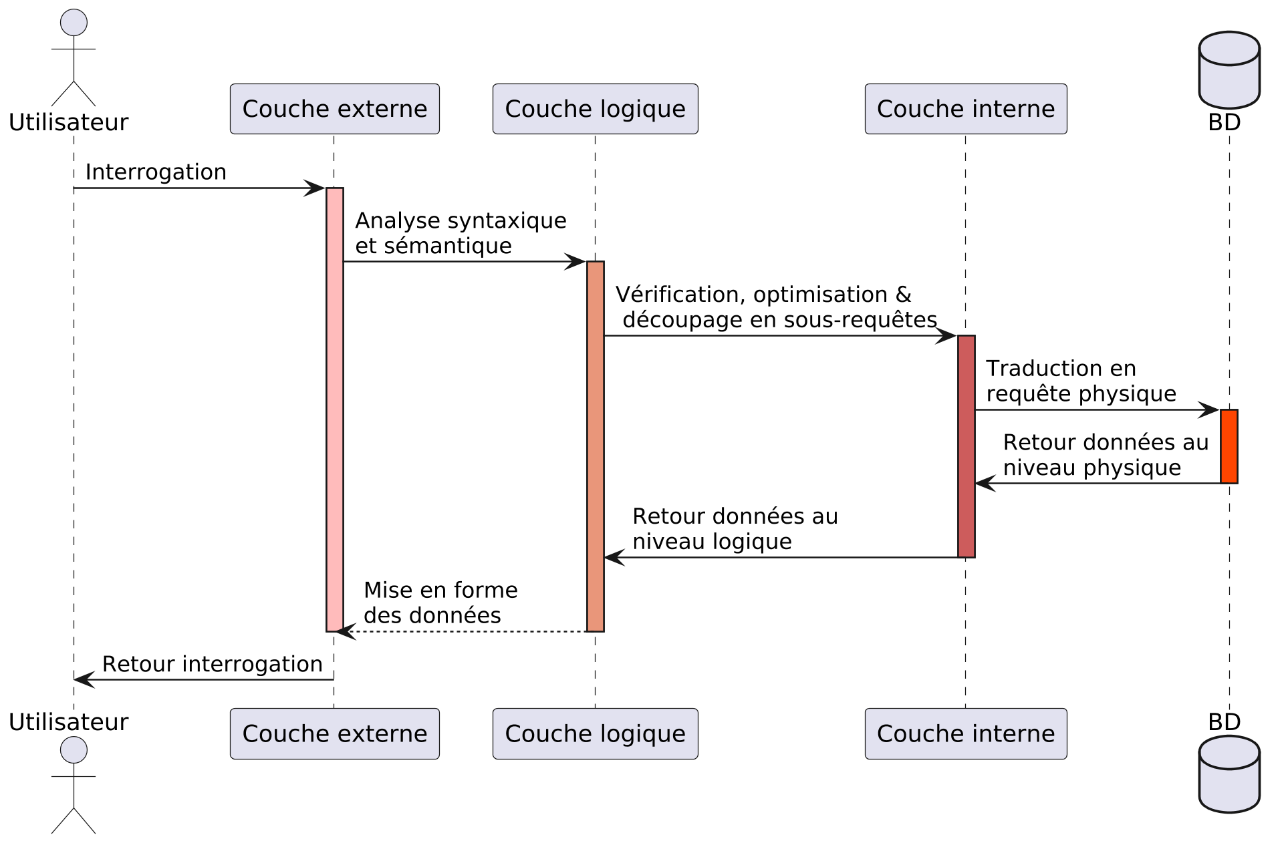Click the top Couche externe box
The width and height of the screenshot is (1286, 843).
(334, 109)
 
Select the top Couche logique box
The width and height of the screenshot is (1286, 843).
(595, 109)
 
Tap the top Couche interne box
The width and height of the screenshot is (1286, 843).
(965, 109)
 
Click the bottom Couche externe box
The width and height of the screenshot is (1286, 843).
(334, 733)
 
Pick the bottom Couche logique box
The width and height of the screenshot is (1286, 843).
(595, 733)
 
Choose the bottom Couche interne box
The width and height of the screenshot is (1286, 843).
(965, 733)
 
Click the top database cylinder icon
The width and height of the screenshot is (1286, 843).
(1229, 70)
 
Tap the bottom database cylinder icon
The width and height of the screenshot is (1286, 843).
(1229, 774)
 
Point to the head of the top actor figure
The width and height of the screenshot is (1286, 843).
(74, 23)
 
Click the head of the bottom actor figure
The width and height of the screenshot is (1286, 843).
(74, 749)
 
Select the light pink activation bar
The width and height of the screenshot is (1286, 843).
(334, 409)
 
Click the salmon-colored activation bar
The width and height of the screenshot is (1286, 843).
(595, 446)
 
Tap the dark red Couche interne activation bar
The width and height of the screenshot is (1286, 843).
(966, 446)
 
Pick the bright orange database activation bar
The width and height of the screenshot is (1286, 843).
(1229, 446)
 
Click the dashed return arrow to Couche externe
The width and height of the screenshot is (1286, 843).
(468, 631)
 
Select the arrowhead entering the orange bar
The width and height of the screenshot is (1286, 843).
(1210, 409)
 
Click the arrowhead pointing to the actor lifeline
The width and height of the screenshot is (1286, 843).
(84, 680)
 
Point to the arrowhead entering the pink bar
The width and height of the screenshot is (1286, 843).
(314, 188)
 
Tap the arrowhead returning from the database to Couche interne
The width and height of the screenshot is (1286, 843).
(985, 483)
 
